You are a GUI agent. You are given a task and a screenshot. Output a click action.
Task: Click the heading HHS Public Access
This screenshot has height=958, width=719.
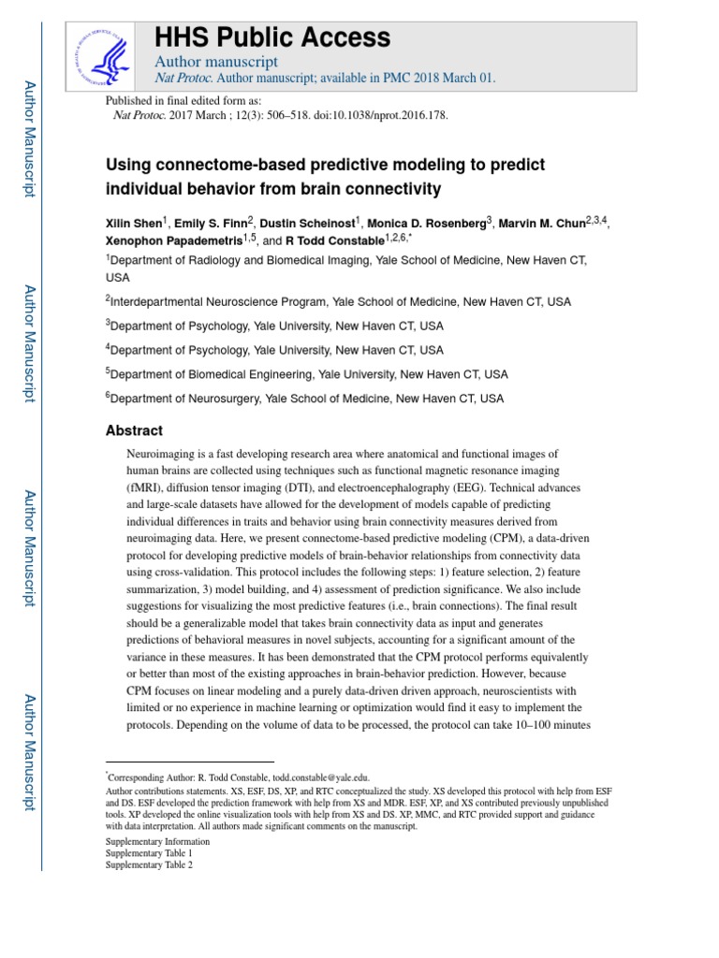point(271,37)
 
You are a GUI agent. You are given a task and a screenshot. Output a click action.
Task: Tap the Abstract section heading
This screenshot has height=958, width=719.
point(134,430)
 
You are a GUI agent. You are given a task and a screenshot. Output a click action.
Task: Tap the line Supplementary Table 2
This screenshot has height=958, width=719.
point(149,865)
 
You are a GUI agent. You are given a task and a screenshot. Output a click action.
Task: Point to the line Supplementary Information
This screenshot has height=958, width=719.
point(157,841)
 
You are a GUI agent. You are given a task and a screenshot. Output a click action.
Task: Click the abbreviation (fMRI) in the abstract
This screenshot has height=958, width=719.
point(146,488)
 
